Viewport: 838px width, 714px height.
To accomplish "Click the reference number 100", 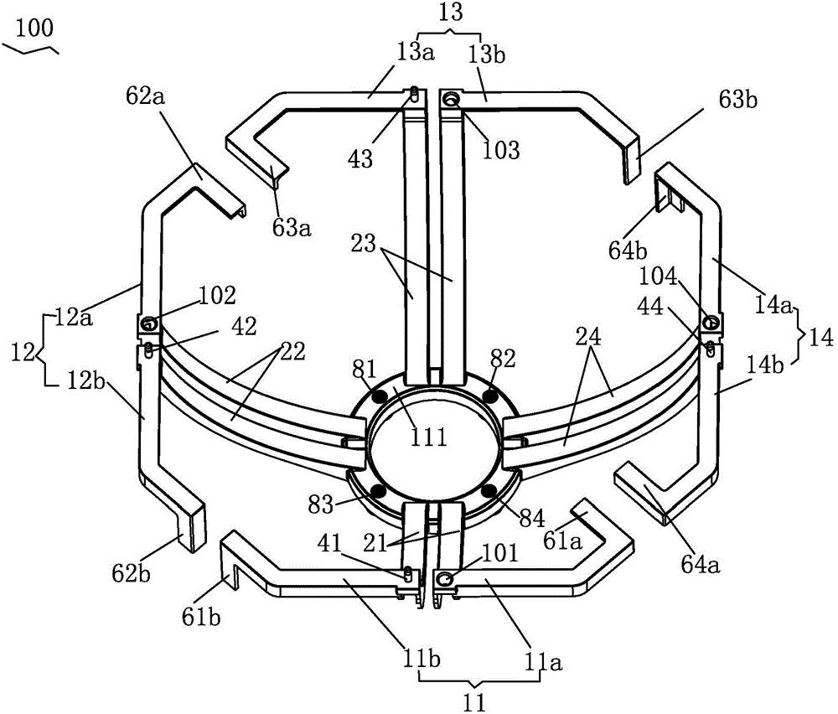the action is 34,28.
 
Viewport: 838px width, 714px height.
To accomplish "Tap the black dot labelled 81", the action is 380,396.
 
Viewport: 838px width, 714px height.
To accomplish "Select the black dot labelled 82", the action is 489,396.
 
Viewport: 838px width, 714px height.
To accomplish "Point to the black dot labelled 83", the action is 378,490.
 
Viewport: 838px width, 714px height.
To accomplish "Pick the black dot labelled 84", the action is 488,490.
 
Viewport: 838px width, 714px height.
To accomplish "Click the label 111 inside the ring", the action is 428,437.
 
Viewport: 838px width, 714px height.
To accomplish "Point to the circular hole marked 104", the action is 711,323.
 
